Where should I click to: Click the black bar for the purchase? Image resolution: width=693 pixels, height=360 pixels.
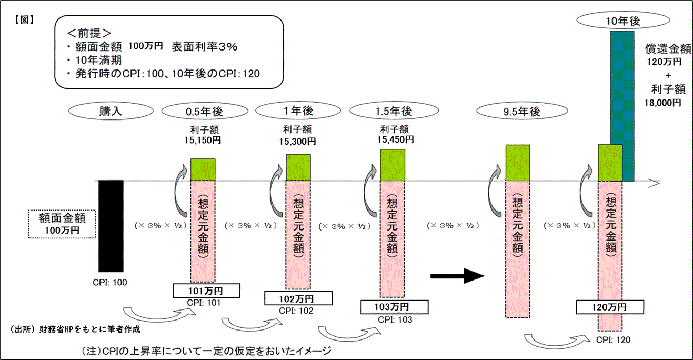pos(111,226)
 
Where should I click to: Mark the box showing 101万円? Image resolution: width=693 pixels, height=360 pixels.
pos(206,291)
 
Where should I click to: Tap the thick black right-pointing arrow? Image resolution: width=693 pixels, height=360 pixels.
pos(457,275)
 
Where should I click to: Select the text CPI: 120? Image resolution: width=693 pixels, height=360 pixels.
pos(613,339)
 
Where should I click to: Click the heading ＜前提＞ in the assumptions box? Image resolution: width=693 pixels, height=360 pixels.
pos(87,33)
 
